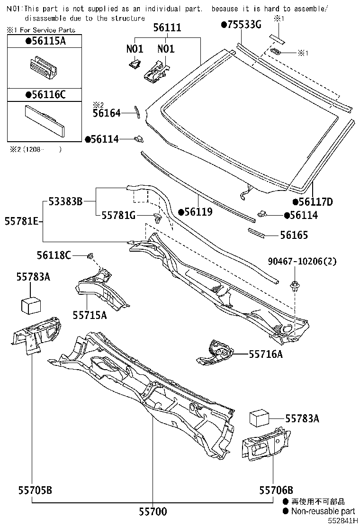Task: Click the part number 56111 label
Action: [167, 28]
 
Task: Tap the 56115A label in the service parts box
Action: [45, 41]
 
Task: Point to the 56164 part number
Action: [107, 113]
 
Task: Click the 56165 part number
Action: [293, 235]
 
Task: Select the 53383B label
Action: [65, 202]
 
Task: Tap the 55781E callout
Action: [21, 220]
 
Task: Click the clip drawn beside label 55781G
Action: [158, 218]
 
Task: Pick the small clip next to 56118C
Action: [90, 256]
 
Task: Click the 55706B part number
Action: [276, 490]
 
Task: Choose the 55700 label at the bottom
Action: [153, 512]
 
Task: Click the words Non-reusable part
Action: [323, 511]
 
